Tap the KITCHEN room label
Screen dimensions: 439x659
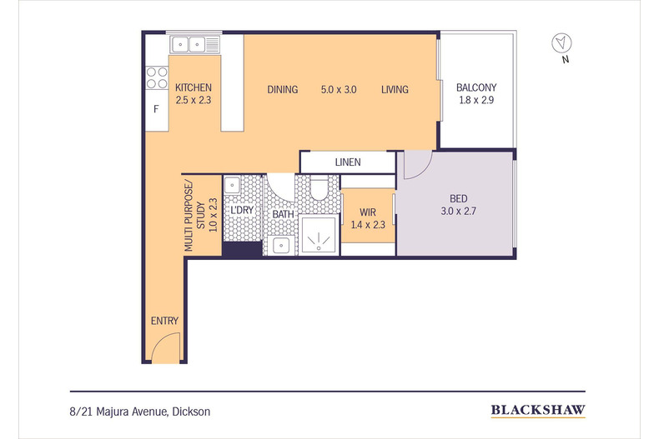point(194,88)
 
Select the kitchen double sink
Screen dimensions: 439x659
point(194,44)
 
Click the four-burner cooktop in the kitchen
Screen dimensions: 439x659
point(157,77)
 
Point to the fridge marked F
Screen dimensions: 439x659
point(156,110)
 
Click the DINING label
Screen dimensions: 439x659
point(283,89)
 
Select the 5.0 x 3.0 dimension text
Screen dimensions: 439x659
point(339,89)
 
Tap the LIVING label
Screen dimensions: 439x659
point(395,89)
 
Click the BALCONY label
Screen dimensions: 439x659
point(476,88)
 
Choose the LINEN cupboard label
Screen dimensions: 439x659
point(348,162)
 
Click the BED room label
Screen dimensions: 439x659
point(459,199)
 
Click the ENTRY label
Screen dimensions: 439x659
point(164,321)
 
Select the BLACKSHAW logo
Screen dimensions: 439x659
point(537,410)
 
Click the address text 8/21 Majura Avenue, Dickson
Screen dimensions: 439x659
point(140,411)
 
